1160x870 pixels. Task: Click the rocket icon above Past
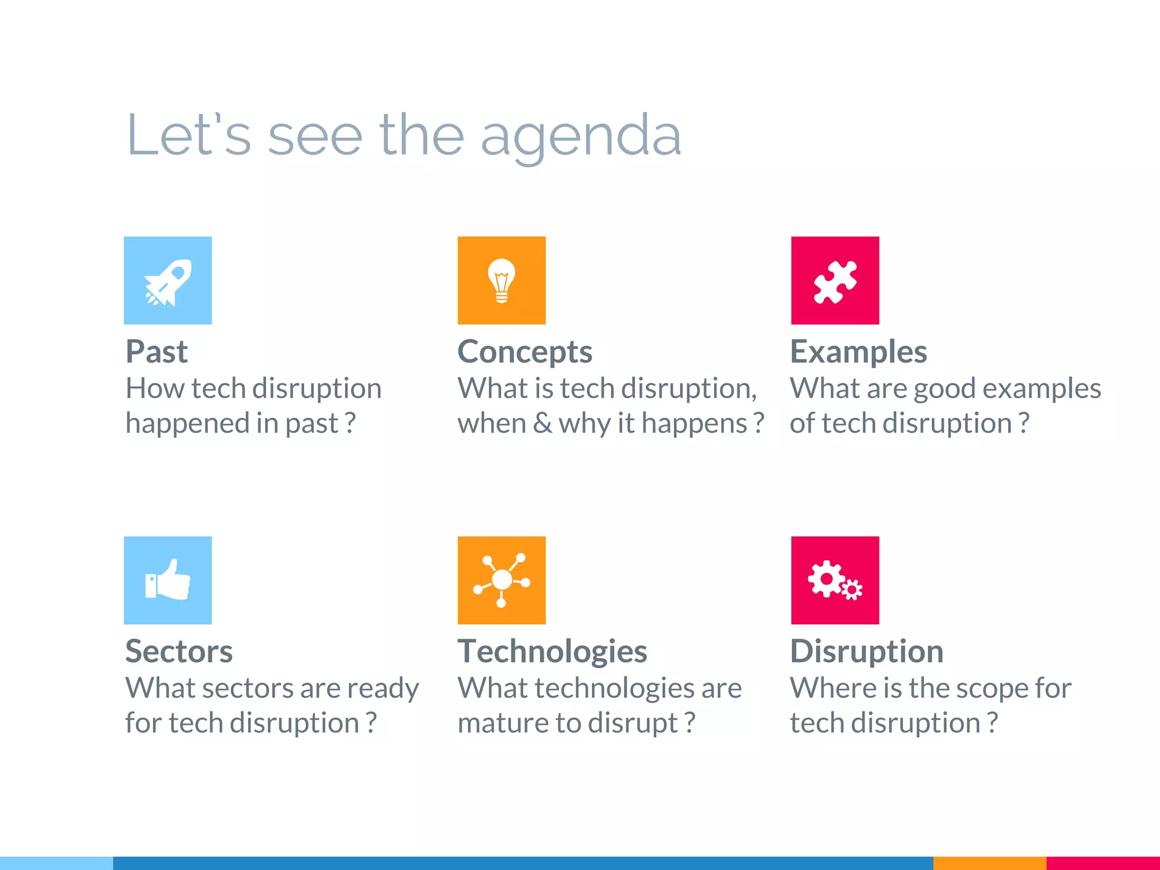(168, 281)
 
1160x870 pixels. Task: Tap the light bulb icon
(501, 281)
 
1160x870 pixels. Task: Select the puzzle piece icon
(835, 281)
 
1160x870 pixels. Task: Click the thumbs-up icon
(168, 581)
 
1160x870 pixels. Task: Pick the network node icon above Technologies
(501, 581)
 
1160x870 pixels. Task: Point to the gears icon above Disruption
(835, 581)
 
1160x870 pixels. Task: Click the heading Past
(156, 352)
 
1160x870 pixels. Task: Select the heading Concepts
(524, 352)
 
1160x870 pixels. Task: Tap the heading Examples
(858, 352)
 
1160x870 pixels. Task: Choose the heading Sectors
(179, 651)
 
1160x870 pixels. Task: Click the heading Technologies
(552, 651)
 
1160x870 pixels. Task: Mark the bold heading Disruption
(867, 651)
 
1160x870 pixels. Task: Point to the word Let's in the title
(189, 136)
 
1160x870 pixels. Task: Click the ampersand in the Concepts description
(542, 424)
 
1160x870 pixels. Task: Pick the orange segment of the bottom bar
(989, 863)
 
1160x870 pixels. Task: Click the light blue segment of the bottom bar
(57, 863)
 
